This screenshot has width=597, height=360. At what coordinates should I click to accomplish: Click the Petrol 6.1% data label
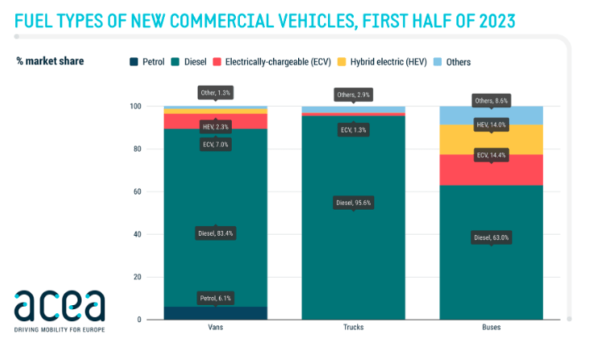(215, 298)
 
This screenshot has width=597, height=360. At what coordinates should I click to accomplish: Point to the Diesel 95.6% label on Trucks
(352, 203)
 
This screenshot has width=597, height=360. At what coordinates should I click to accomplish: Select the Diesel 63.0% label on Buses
(491, 237)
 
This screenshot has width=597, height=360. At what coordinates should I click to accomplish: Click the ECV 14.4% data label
(491, 154)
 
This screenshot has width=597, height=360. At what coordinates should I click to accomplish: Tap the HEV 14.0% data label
(491, 124)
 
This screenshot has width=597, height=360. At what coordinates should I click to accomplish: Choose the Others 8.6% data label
(491, 101)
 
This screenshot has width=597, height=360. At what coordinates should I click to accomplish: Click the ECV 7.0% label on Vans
(215, 144)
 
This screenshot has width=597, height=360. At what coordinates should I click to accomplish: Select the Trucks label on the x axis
(352, 329)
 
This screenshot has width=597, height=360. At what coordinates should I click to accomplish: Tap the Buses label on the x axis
(491, 329)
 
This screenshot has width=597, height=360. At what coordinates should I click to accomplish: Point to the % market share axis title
(50, 61)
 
